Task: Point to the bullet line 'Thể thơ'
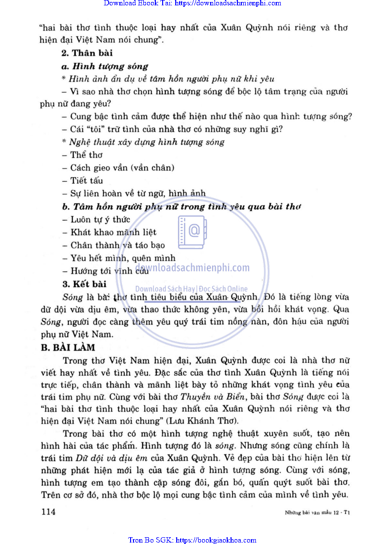[x=83, y=155]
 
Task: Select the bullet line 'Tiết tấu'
[x=83, y=181]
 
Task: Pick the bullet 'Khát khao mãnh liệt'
[x=110, y=232]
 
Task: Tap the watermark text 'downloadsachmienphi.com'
[x=192, y=267]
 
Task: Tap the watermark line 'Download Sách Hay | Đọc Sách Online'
[x=191, y=289]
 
